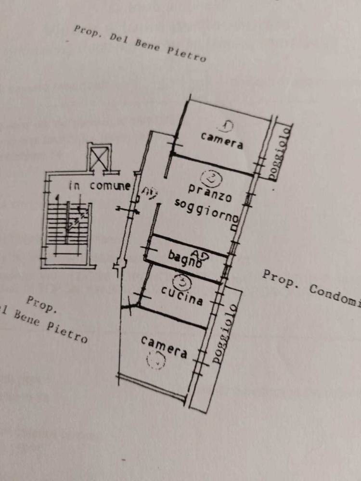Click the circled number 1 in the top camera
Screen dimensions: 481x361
pos(225,126)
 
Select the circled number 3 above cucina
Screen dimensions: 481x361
pos(182,279)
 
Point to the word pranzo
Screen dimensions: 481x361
pos(210,192)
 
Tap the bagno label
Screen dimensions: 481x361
pos(184,259)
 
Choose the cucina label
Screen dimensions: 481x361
pos(182,295)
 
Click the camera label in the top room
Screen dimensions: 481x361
pos(222,140)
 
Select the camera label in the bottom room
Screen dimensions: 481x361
pos(164,347)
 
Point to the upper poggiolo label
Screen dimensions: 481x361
pos(280,152)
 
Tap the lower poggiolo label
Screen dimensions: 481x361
pos(225,333)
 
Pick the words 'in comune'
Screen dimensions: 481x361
pos(99,186)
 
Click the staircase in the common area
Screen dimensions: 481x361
pos(70,224)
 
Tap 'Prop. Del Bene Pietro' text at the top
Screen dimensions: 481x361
pos(140,43)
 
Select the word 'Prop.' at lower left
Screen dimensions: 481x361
pos(42,304)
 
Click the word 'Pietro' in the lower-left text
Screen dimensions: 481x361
pos(67,331)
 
